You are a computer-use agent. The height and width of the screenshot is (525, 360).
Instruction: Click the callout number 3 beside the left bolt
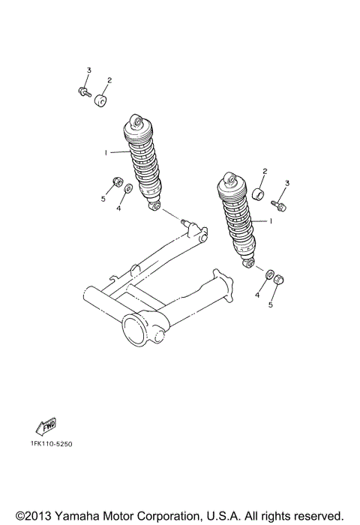click(88, 70)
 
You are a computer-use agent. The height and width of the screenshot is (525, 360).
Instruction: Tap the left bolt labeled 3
click(82, 91)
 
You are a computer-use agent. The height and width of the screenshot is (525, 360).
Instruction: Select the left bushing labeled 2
click(100, 98)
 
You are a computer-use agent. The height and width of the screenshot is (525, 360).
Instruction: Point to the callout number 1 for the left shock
click(106, 152)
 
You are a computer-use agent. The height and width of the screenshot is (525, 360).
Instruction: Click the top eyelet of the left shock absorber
click(135, 120)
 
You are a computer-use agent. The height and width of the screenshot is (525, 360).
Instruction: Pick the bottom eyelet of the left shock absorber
click(154, 205)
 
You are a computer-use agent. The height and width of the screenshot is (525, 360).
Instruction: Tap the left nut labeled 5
click(117, 182)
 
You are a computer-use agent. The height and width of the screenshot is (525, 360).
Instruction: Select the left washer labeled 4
click(128, 189)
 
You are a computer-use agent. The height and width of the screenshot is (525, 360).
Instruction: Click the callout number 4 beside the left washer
click(118, 208)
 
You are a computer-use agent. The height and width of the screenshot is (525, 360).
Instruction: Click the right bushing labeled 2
click(260, 196)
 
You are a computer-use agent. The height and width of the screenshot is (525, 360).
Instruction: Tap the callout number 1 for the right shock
click(270, 221)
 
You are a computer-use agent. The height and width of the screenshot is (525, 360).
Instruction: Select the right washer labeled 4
click(268, 272)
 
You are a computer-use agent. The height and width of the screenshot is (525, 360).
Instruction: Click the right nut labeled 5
click(278, 279)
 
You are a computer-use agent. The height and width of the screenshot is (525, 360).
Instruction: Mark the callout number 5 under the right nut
click(272, 304)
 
